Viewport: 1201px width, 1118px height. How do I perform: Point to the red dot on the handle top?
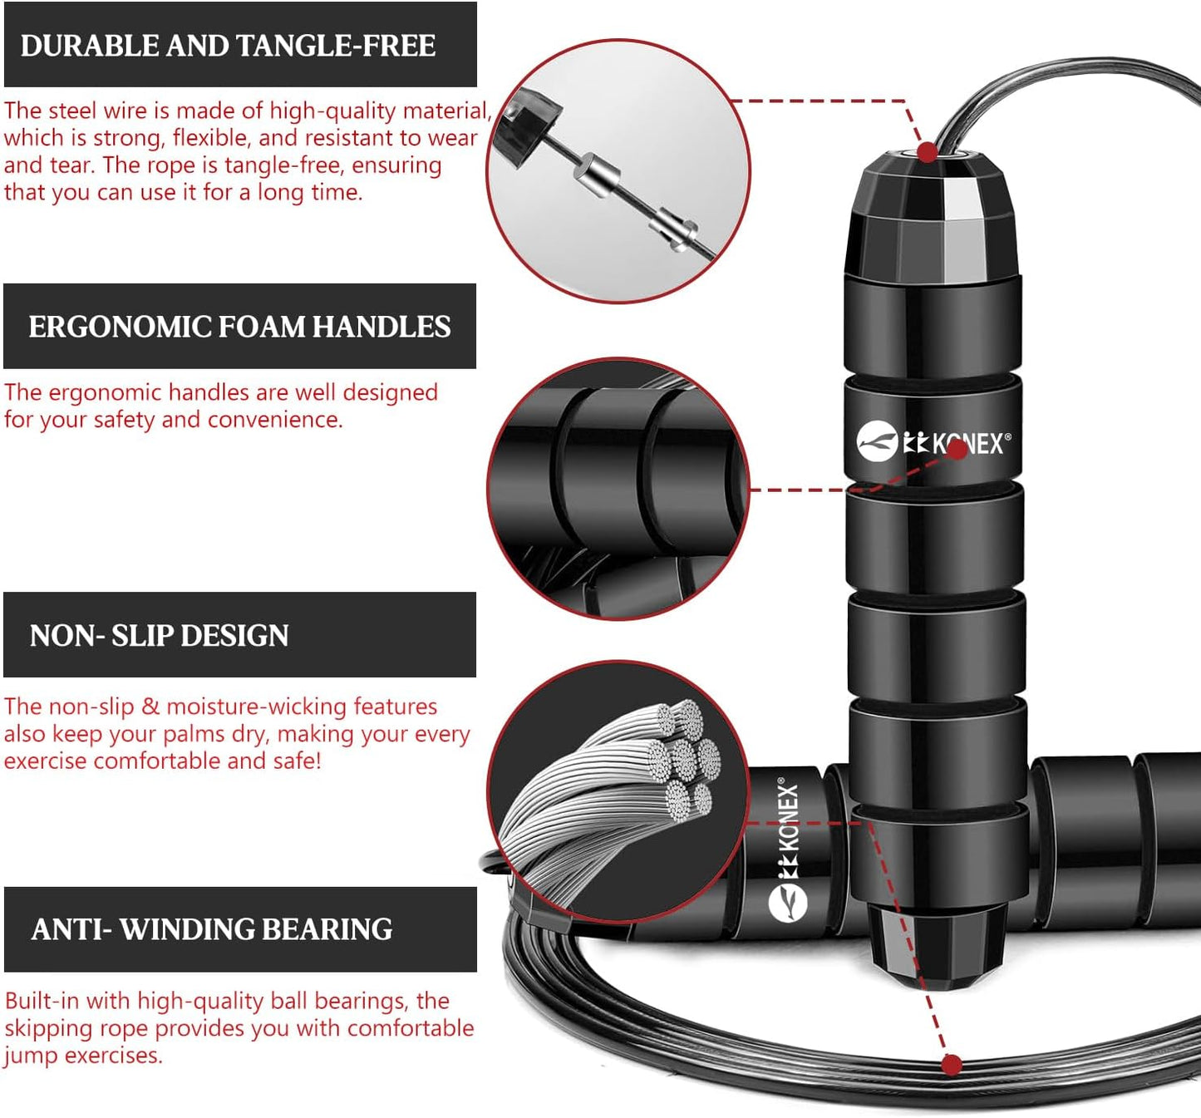pos(928,152)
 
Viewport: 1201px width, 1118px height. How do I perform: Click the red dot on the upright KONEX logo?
pos(957,449)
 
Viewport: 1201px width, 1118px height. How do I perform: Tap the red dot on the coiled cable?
pos(952,1064)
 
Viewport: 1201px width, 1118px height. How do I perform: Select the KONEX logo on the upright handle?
pos(933,441)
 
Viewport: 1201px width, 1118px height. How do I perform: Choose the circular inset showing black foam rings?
pos(618,489)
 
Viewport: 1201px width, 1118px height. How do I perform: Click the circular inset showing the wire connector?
pos(618,170)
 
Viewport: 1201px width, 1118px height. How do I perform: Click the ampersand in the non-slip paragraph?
pos(150,707)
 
